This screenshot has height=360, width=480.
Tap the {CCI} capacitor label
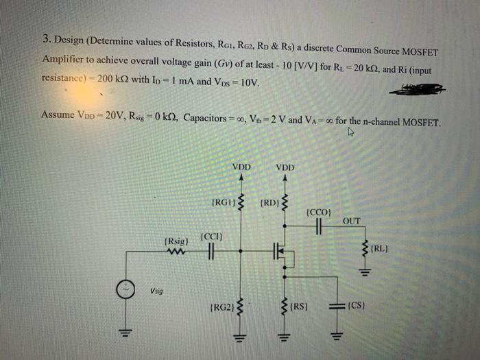(x=209, y=237)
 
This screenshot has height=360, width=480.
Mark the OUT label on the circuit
(x=351, y=221)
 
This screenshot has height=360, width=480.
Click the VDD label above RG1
(x=241, y=167)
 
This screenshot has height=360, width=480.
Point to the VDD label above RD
(x=285, y=167)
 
